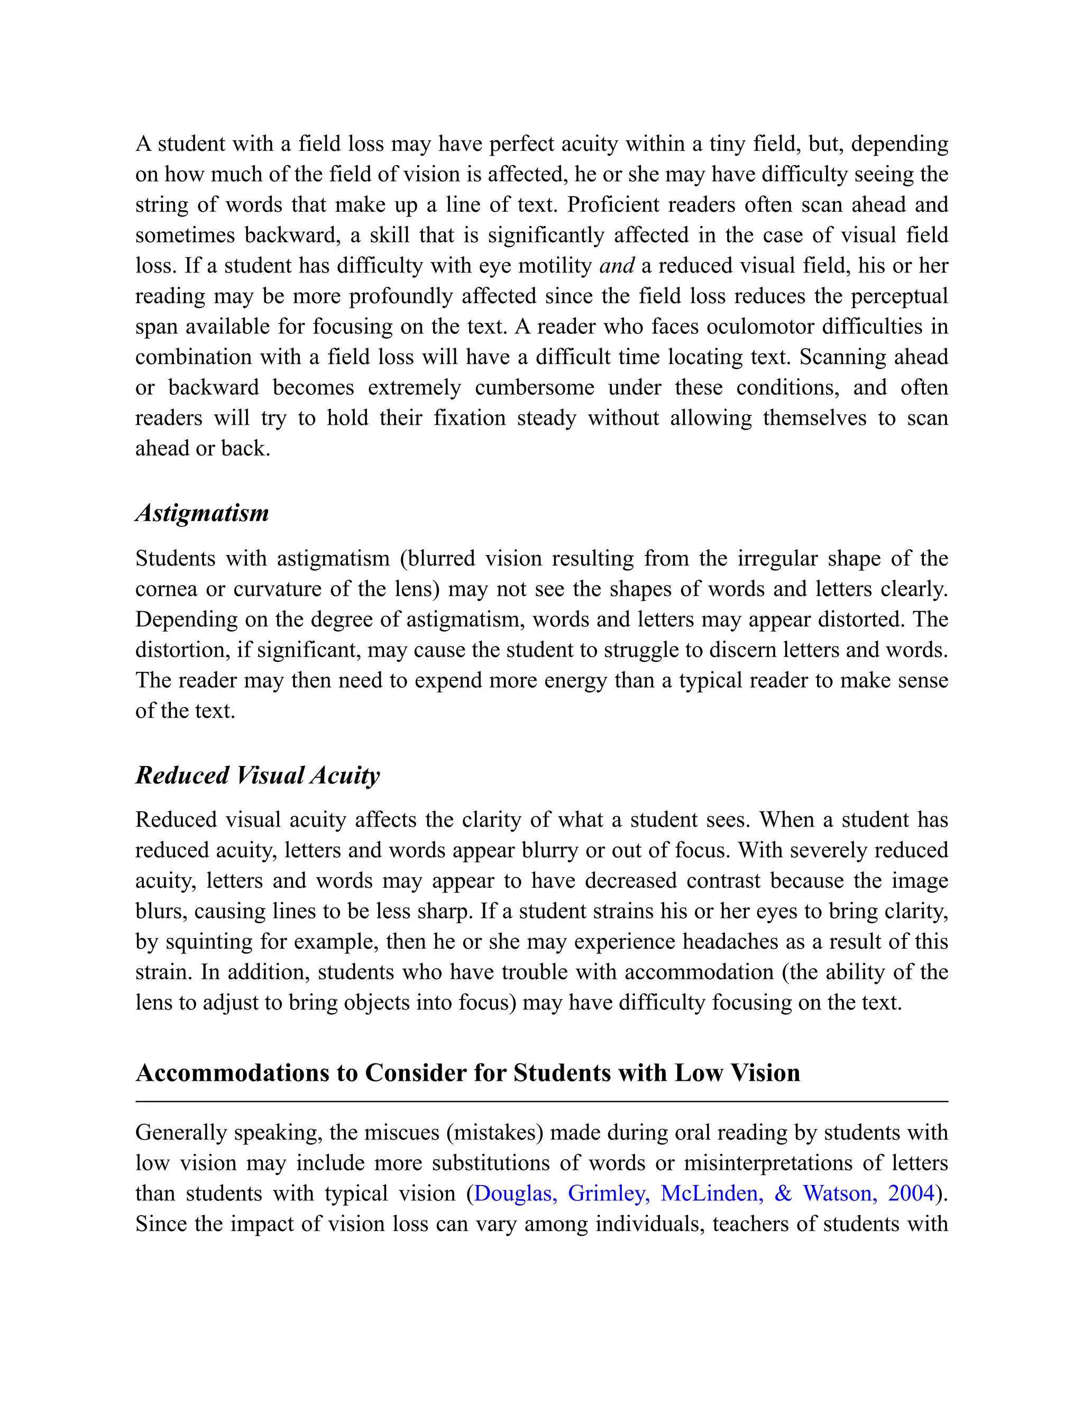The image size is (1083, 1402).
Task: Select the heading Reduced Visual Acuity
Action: click(258, 776)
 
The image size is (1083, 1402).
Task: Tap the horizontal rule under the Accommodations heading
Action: click(541, 1101)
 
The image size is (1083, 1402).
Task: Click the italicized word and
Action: click(617, 266)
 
